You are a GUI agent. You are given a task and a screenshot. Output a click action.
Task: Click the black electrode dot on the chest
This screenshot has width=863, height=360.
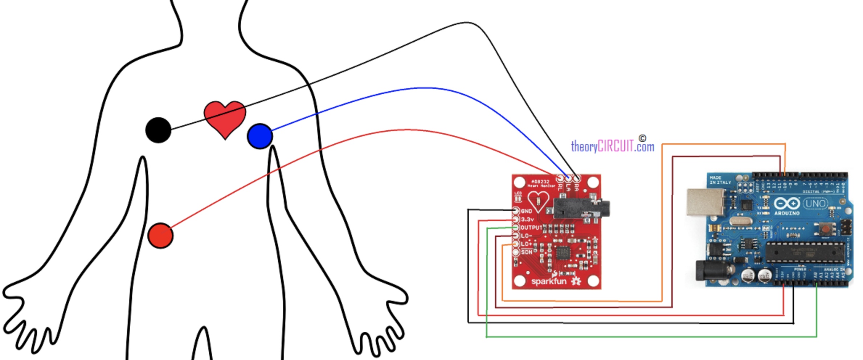point(158,130)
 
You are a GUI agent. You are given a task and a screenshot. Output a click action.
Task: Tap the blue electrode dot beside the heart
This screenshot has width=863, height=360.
point(260,136)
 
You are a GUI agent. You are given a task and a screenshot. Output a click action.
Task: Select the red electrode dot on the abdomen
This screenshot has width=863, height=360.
point(160,236)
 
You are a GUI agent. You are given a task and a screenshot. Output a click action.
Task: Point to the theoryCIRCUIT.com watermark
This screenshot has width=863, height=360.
point(613,146)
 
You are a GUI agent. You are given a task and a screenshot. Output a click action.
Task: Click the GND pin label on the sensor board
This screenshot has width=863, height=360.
point(527,211)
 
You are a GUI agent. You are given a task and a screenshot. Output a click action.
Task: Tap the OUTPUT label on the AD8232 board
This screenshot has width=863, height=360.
point(531,228)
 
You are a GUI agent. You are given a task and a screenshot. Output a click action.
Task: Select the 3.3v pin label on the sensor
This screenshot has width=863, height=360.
point(527,219)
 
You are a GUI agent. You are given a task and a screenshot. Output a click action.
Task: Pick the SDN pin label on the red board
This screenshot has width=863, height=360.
point(527,252)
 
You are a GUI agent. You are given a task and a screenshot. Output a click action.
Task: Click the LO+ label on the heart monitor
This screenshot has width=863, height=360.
point(526,244)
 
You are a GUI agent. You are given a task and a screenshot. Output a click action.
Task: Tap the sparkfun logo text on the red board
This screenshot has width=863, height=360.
point(549,281)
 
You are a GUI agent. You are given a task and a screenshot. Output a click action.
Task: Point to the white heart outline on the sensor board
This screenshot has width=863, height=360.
point(538,202)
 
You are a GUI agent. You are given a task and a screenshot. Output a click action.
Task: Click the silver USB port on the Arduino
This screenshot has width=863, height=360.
point(705,202)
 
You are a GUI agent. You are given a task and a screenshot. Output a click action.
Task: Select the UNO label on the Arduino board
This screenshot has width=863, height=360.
point(815,203)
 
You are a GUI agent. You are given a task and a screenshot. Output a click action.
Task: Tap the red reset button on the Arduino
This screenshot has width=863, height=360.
point(825,229)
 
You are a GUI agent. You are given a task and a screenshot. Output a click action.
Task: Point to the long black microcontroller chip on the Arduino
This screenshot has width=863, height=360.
point(805,253)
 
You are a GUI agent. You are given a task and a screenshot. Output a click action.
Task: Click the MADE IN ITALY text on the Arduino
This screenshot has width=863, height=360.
point(720,180)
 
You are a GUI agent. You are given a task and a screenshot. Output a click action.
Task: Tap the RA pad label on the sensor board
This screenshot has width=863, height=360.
point(577,187)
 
